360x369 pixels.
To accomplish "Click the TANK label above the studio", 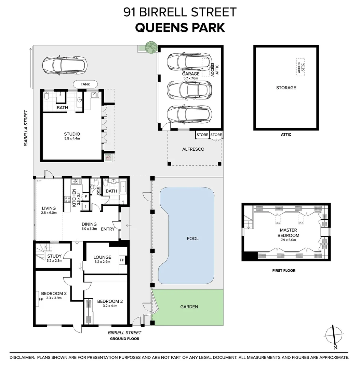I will (x=85, y=84).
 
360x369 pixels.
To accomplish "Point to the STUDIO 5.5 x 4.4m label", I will (x=72, y=136).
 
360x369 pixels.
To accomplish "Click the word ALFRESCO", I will (x=193, y=149).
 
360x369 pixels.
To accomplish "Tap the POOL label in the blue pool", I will (x=192, y=238).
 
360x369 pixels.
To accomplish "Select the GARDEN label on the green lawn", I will (x=189, y=306).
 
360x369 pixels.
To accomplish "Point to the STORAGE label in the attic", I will (x=286, y=88).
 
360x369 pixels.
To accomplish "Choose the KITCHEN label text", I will (x=74, y=198).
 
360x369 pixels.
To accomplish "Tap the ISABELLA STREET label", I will (x=25, y=128).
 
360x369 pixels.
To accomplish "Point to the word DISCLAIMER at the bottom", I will (x=22, y=357).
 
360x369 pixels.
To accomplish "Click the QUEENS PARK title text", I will (x=180, y=27).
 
